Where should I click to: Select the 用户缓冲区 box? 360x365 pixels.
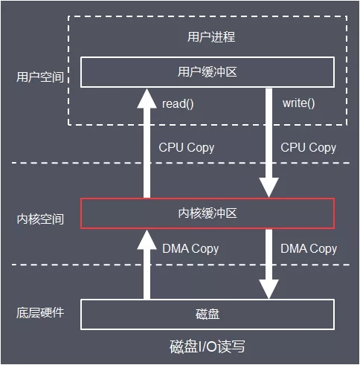pos(208,71)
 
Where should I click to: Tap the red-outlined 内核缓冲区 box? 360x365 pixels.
pos(208,213)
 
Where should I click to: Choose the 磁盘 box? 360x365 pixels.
pos(208,314)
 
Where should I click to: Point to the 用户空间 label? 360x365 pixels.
pos(39,77)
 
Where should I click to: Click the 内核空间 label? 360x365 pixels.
pos(39,219)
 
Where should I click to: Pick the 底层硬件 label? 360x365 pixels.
pos(39,312)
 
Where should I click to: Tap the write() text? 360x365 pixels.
pos(298,102)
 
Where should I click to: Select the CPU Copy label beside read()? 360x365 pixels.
pos(186,147)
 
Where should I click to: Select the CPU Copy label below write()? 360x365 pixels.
pos(308,147)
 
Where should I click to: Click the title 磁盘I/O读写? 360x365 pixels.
pos(208,346)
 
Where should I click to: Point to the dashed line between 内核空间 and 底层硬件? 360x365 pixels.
pos(45,265)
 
